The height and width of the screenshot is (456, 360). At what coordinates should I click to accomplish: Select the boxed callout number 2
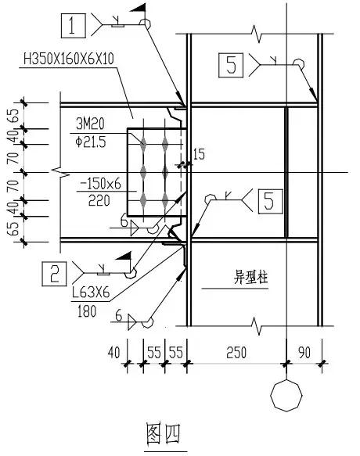click(x=54, y=273)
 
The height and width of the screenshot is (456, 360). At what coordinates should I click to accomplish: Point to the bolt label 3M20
click(x=92, y=124)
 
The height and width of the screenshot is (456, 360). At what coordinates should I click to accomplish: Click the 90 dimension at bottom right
click(x=305, y=354)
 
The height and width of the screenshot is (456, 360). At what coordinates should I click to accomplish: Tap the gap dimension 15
click(x=198, y=156)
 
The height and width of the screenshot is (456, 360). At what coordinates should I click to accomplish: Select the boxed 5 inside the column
click(x=268, y=203)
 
